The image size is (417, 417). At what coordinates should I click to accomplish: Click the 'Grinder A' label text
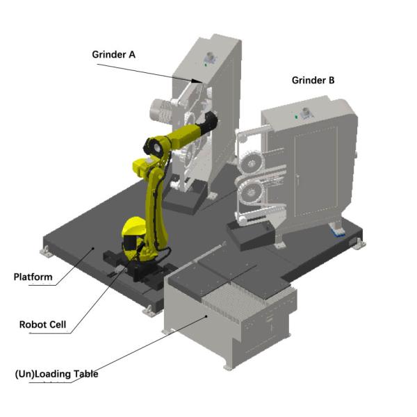pyautogui.click(x=113, y=54)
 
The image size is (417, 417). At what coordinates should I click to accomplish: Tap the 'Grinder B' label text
pyautogui.click(x=313, y=80)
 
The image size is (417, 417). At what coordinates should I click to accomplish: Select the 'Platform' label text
pyautogui.click(x=33, y=277)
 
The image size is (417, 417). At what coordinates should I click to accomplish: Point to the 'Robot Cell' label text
pyautogui.click(x=42, y=325)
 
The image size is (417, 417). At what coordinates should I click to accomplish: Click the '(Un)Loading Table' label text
pyautogui.click(x=57, y=374)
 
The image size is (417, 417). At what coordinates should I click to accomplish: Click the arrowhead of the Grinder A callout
pyautogui.click(x=197, y=81)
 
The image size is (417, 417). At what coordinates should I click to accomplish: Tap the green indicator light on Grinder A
pyautogui.click(x=205, y=65)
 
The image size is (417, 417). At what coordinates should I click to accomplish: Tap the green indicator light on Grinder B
pyautogui.click(x=296, y=116)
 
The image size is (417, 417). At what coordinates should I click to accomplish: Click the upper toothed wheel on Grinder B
pyautogui.click(x=251, y=163)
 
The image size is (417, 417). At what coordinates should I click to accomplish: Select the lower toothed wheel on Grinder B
pyautogui.click(x=250, y=190)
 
